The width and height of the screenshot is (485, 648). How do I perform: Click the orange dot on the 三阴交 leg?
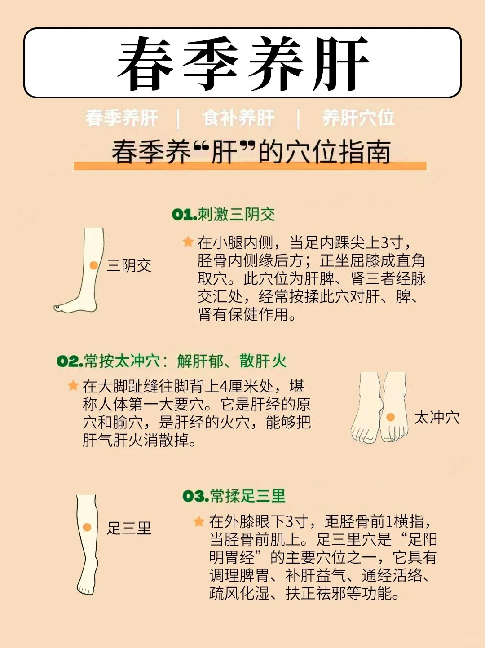pyautogui.click(x=93, y=265)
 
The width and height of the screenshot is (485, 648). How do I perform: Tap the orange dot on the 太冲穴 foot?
pyautogui.click(x=391, y=417)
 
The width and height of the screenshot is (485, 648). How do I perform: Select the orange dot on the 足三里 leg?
pyautogui.click(x=87, y=527)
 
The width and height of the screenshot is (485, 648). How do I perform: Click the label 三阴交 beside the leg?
pyautogui.click(x=129, y=265)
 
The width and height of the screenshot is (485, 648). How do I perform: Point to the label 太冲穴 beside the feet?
pyautogui.click(x=436, y=418)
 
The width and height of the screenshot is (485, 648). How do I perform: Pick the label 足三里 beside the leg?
pyautogui.click(x=129, y=528)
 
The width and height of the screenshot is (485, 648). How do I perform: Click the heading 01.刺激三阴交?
pyautogui.click(x=224, y=214)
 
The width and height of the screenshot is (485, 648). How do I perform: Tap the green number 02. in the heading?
pyautogui.click(x=70, y=361)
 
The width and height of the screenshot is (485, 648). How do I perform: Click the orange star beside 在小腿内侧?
pyautogui.click(x=188, y=242)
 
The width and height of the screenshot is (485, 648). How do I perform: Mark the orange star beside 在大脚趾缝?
pyautogui.click(x=73, y=385)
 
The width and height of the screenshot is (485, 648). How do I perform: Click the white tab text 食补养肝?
pyautogui.click(x=238, y=118)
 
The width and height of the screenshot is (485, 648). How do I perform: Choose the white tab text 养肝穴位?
pyautogui.click(x=358, y=118)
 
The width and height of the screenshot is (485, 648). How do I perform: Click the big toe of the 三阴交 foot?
pyautogui.click(x=57, y=308)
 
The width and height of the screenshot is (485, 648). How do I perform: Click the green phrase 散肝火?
pyautogui.click(x=263, y=361)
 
